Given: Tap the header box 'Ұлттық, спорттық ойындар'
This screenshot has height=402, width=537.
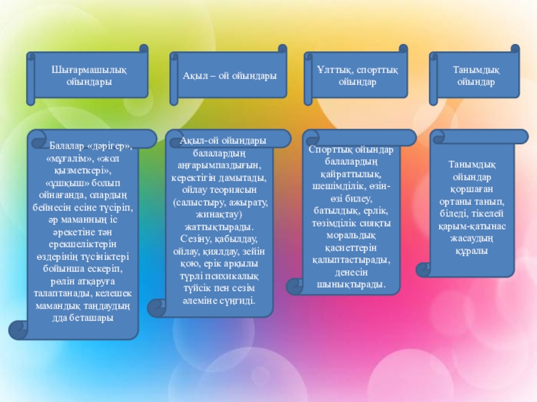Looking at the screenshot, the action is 356,75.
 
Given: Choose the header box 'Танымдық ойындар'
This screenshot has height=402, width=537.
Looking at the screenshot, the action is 475,75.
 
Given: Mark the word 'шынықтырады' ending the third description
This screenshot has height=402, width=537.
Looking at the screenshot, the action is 352,284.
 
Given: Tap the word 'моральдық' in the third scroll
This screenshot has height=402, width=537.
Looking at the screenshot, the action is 352,235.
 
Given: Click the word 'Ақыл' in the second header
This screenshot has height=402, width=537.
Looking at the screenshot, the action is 194,76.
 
